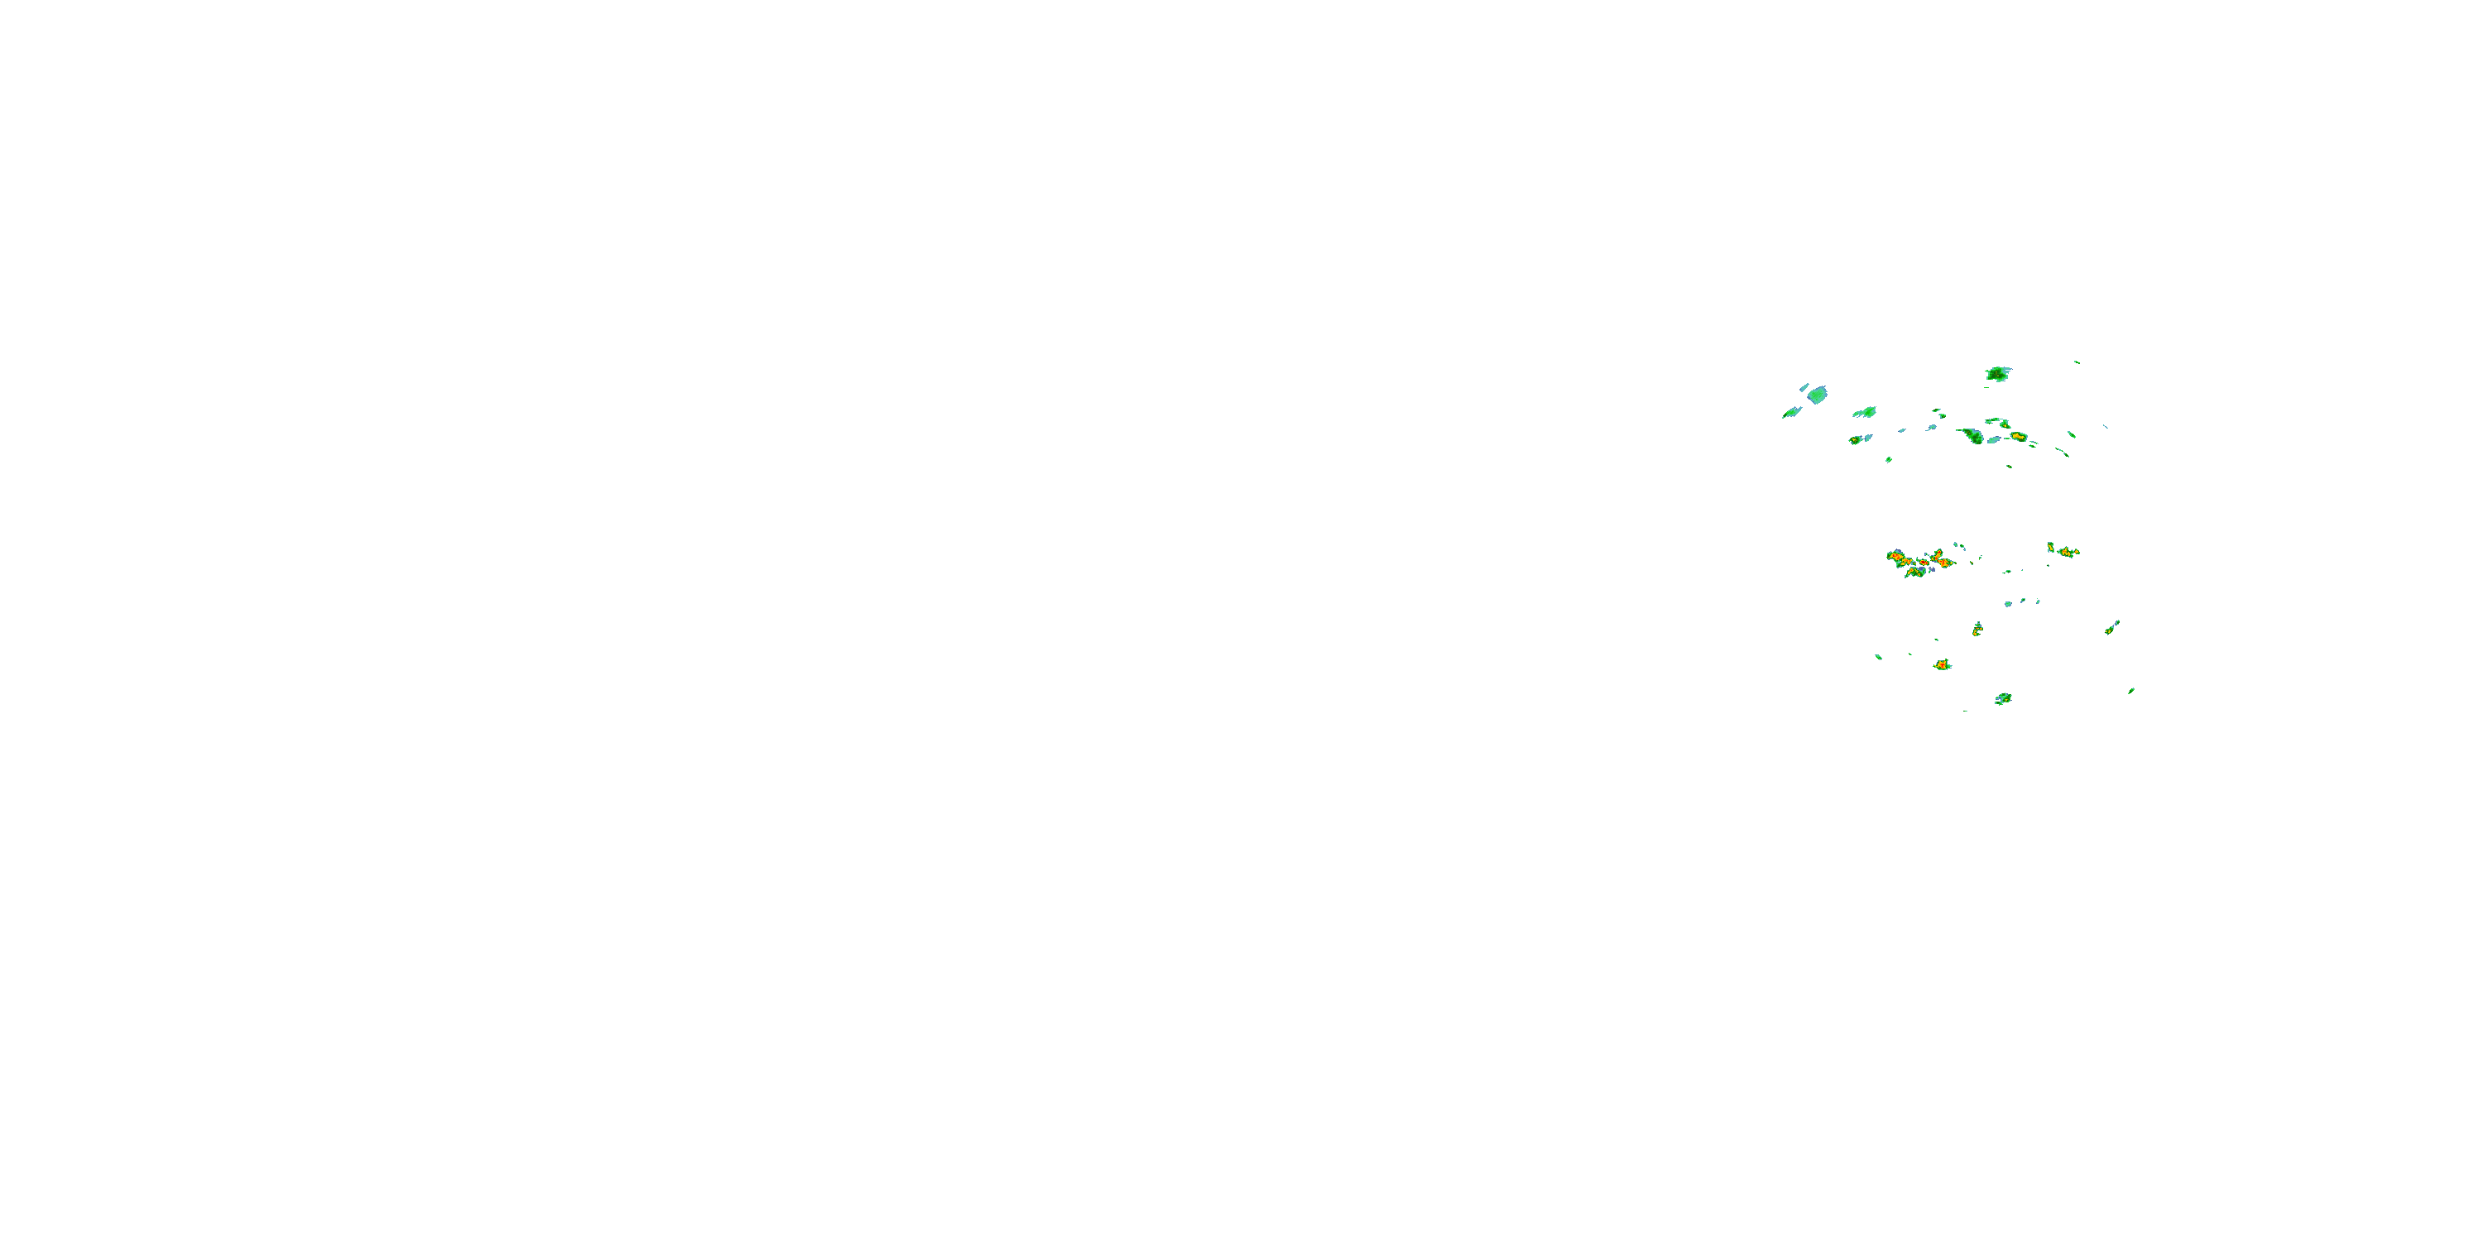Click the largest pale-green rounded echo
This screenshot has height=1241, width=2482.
[1817, 394]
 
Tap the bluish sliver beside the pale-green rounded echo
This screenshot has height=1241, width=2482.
[1804, 387]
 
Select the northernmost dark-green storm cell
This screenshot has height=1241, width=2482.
[1997, 374]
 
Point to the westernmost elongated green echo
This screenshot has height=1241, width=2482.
[1791, 412]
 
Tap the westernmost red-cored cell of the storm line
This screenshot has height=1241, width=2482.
[1896, 557]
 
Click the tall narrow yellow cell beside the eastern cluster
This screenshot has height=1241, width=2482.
[2050, 547]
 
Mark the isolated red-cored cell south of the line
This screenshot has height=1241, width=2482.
[1942, 665]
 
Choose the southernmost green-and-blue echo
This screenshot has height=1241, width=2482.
[2003, 698]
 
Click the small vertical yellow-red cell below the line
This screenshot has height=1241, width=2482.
[1977, 628]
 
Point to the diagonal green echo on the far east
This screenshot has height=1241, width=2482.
[2111, 628]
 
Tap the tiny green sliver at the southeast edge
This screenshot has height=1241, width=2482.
[2130, 691]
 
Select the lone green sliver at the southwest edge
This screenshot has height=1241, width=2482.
[1878, 657]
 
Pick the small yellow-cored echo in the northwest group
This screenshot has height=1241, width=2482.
[1856, 440]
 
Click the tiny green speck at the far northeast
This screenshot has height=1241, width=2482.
[2077, 362]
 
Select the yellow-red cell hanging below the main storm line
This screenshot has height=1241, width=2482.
[1914, 573]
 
